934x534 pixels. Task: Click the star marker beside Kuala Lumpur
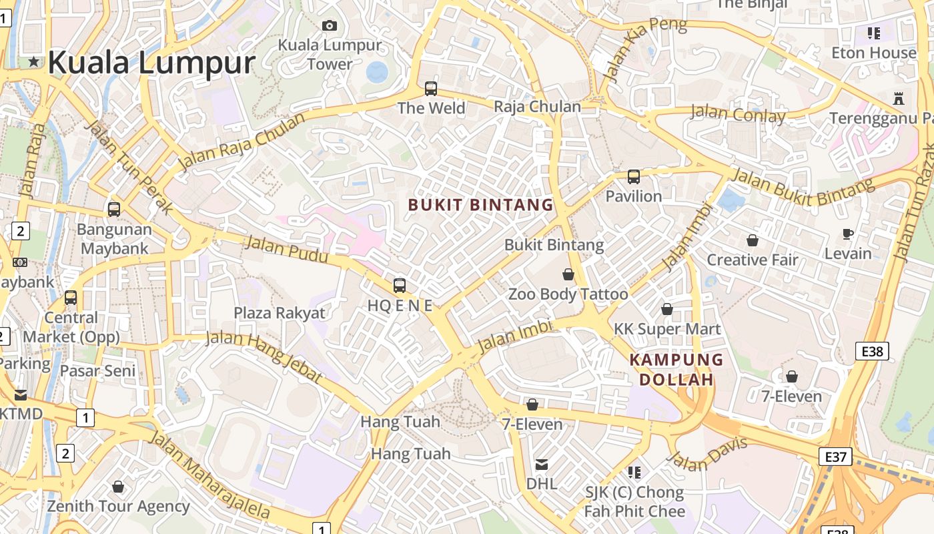coord(33,62)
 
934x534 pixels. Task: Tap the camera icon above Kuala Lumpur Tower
coord(330,26)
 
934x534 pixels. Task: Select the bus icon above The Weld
coord(431,88)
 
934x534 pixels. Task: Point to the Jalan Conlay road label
coord(738,113)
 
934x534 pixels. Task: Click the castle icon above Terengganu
coord(898,99)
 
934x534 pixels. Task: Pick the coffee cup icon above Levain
coord(848,234)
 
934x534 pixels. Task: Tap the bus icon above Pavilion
coord(634,177)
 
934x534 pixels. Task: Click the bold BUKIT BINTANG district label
coord(481,205)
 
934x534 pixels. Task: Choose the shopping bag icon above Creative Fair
coord(753,240)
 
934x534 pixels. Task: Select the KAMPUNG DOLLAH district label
coord(676,370)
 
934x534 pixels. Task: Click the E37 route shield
coord(835,457)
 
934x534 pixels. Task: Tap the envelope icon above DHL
coord(542,464)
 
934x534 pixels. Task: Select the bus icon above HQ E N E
coord(400,286)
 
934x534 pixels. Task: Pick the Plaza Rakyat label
coord(280,312)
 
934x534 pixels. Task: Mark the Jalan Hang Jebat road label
coord(264,355)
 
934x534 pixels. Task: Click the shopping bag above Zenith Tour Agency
coord(118,487)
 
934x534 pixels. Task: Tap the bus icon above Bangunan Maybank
coord(114,210)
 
